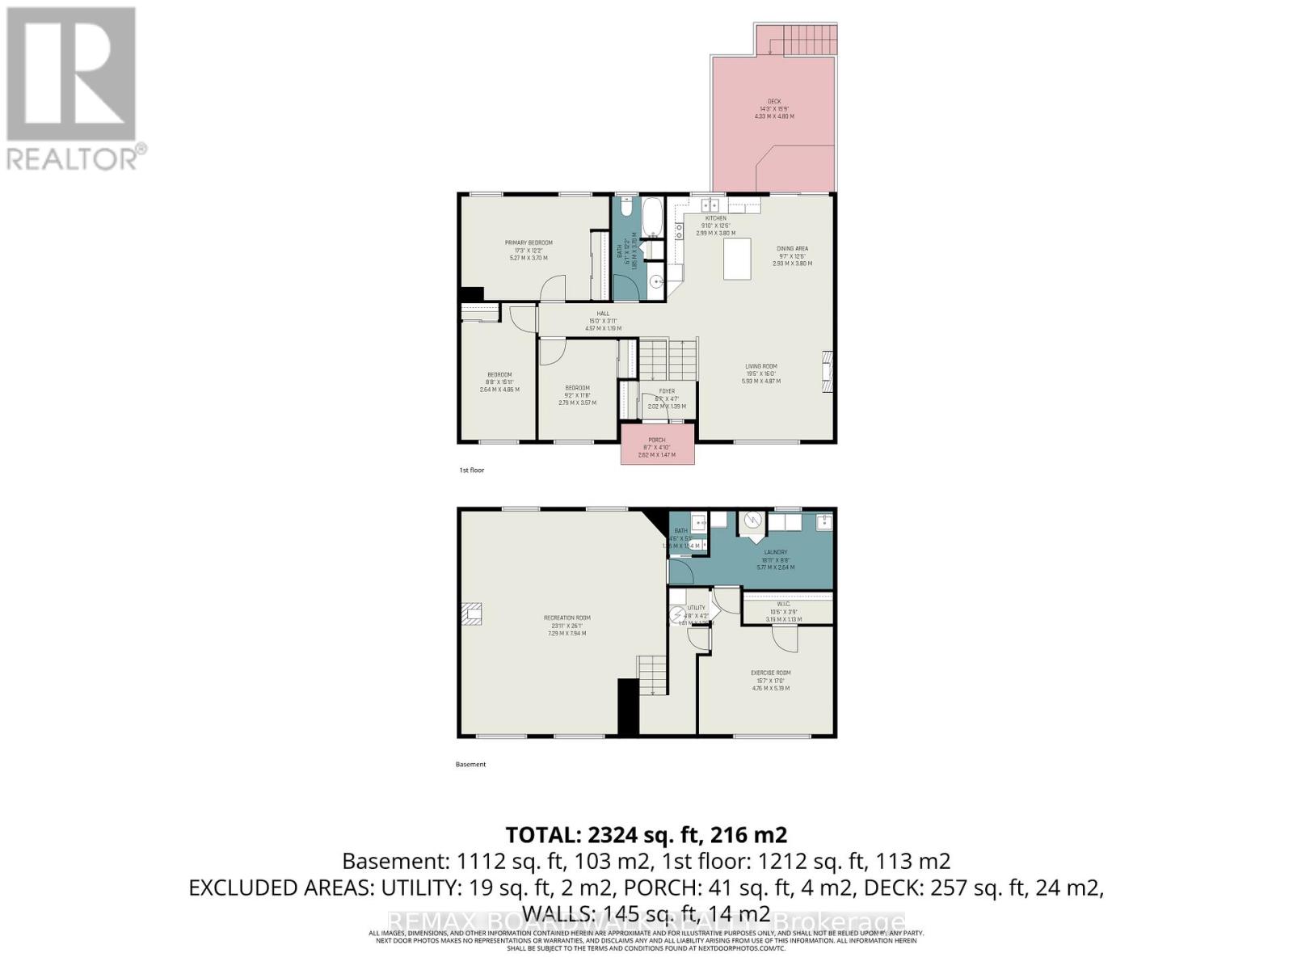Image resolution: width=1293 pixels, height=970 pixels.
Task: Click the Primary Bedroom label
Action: [x=529, y=242]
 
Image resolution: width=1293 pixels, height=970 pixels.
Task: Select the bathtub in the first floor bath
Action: [x=651, y=217]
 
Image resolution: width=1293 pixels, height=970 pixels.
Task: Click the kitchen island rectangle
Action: [x=737, y=260]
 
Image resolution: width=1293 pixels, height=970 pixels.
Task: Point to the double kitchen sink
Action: [x=710, y=205]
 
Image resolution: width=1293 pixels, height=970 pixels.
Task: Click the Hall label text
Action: [x=603, y=314]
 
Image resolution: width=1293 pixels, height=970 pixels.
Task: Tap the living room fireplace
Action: [x=827, y=371]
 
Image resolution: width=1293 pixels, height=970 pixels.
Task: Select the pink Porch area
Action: [x=657, y=446]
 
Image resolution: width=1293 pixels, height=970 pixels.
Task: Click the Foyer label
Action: [x=666, y=391]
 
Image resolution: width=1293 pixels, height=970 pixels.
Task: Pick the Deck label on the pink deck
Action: [x=774, y=102]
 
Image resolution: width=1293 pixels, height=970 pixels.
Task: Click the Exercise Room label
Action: [x=770, y=673]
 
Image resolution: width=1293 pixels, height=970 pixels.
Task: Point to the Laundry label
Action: [x=775, y=552]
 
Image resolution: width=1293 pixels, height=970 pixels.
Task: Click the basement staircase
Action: [x=653, y=676]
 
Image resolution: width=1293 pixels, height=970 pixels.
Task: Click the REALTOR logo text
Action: [x=74, y=158]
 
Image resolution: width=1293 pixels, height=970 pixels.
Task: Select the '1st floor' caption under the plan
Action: [x=471, y=470]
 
